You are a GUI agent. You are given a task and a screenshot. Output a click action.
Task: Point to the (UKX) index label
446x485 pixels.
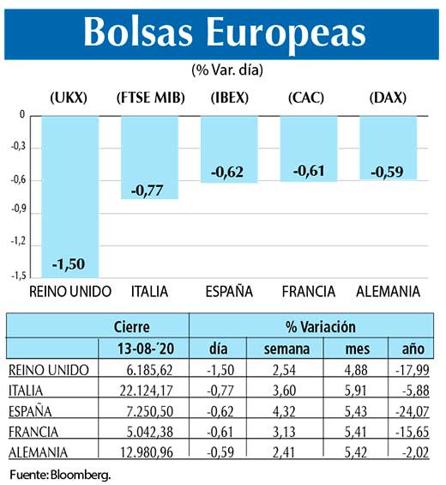point(69,98)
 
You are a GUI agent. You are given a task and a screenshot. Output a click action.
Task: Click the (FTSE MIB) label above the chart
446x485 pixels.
point(149,98)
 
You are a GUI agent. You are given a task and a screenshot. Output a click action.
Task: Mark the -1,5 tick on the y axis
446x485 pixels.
point(18,276)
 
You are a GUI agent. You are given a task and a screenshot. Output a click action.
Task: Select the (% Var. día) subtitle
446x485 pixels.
point(226,69)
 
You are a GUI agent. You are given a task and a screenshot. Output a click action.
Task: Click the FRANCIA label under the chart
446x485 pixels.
point(308,293)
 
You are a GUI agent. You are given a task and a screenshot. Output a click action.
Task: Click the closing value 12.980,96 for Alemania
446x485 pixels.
point(153,452)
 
